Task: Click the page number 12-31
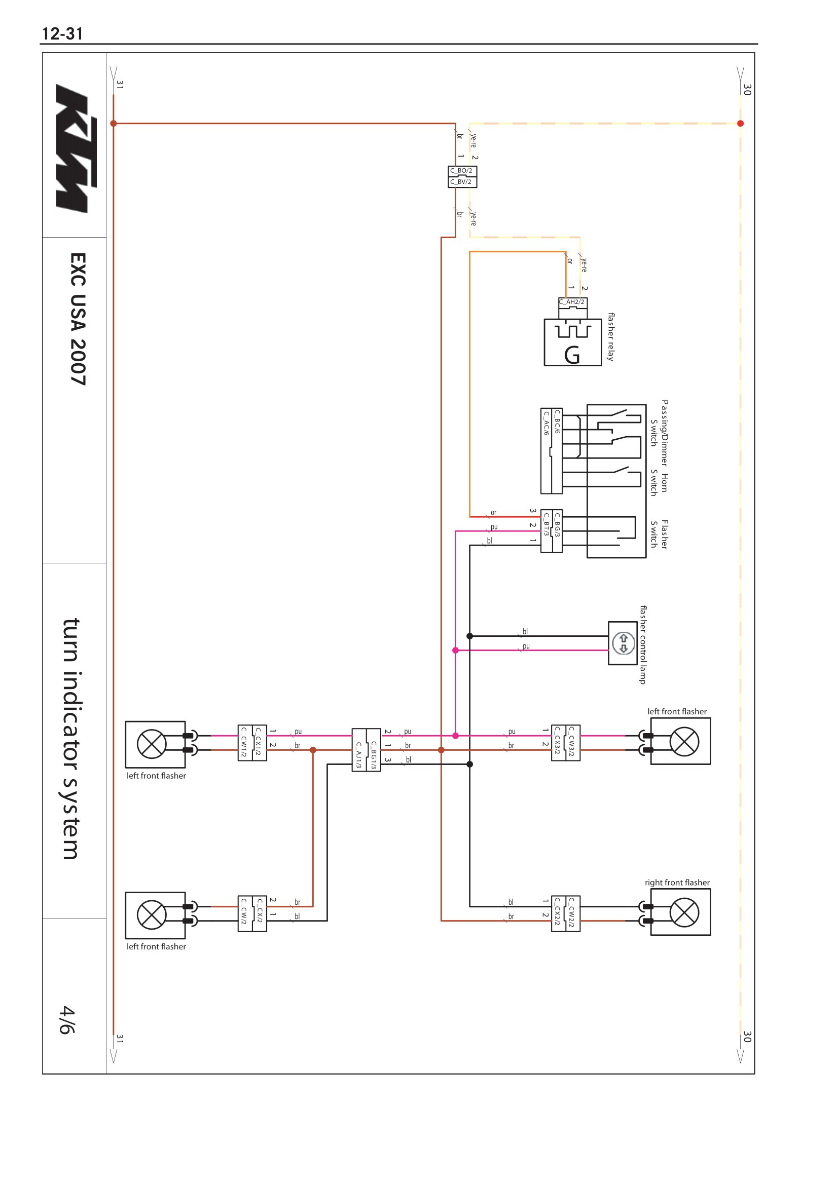62,34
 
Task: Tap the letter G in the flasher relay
572,355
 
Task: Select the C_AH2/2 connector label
572,302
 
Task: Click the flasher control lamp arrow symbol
623,643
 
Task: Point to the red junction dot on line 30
741,123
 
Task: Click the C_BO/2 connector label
461,170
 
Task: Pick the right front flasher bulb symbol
684,912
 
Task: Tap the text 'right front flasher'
677,883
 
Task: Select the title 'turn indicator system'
71,739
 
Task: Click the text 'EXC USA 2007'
78,319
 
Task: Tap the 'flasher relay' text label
611,337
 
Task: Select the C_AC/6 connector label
546,423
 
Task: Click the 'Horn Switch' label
659,483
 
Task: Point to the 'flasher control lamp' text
643,645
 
